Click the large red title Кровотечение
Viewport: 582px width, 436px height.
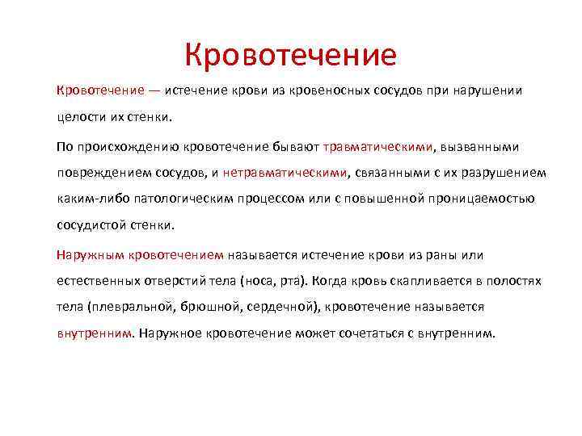click(x=290, y=55)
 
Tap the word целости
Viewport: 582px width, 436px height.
click(x=79, y=118)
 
